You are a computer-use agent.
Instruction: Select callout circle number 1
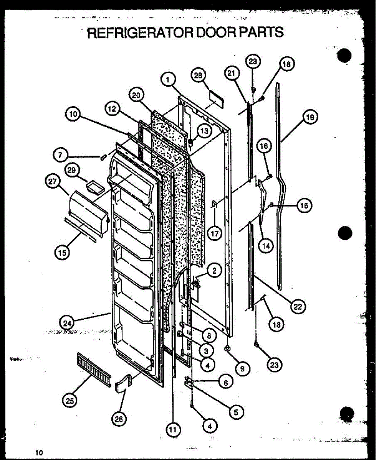point(168,80)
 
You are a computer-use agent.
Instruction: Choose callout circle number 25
point(70,401)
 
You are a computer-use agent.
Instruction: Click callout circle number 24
point(68,323)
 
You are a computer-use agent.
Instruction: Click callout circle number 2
point(213,271)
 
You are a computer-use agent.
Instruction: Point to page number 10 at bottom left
point(39,453)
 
